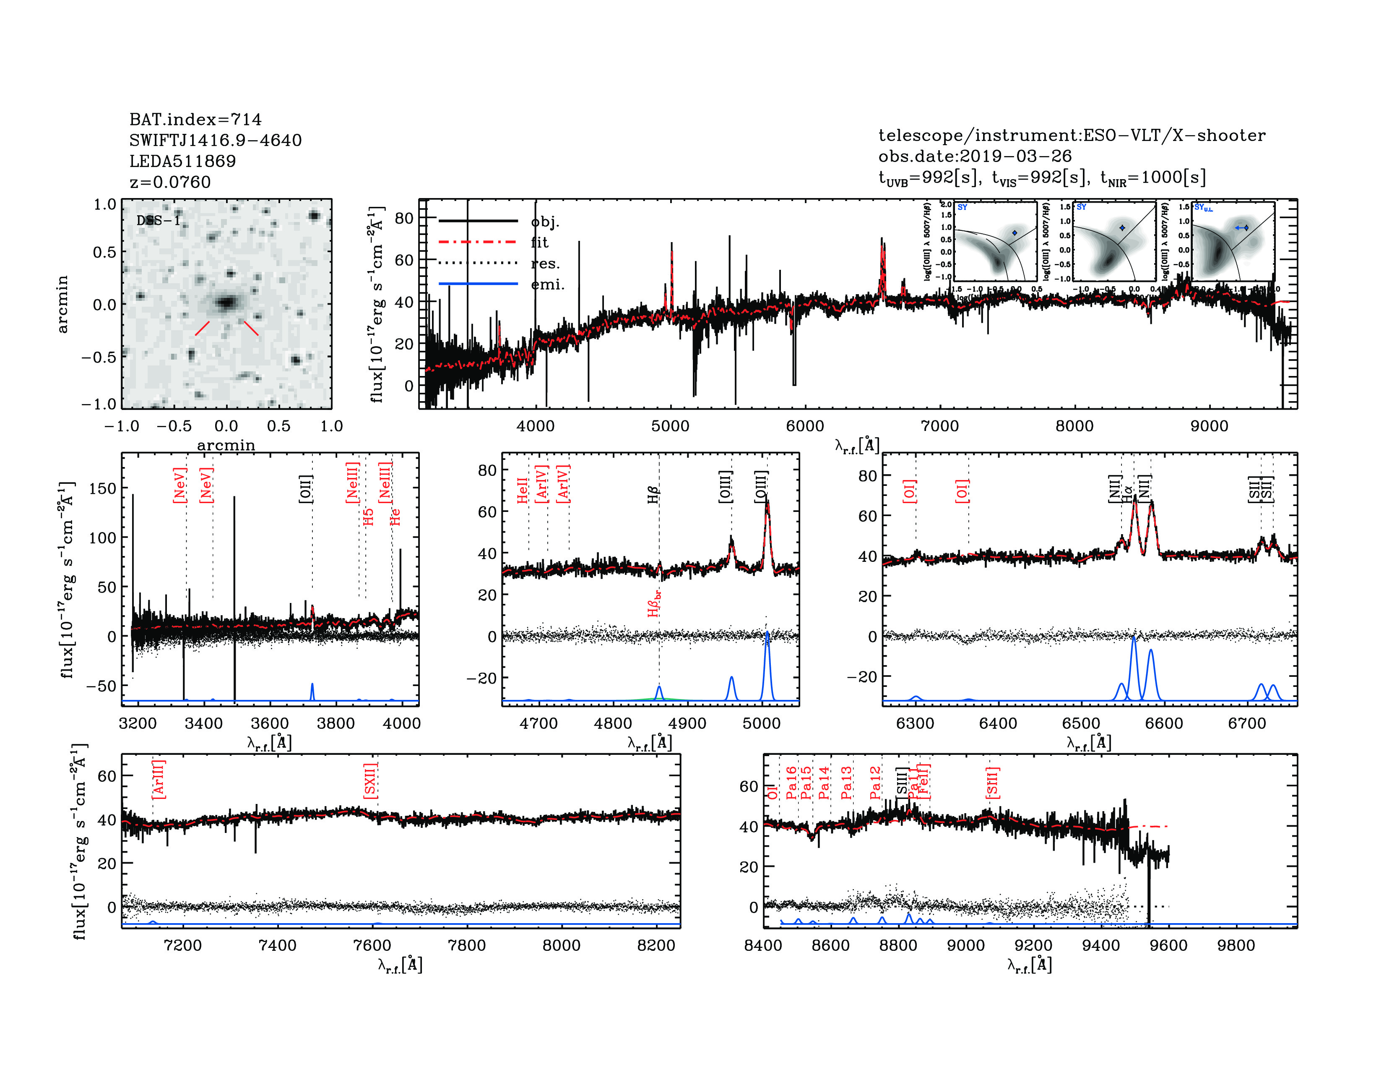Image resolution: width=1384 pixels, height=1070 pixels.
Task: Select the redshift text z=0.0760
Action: [170, 182]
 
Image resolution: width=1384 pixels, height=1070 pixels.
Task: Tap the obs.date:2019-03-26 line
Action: [975, 156]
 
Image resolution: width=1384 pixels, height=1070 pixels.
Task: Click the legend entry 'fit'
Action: [539, 242]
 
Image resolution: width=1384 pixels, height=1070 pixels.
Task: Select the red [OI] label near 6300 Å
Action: [909, 491]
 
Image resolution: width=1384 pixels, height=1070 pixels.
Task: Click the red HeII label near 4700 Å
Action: [522, 491]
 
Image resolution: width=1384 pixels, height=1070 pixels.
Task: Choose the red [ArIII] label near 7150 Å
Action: [159, 779]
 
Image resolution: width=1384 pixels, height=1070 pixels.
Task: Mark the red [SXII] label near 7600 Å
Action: [371, 780]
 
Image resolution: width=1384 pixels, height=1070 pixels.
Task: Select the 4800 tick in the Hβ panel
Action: [613, 723]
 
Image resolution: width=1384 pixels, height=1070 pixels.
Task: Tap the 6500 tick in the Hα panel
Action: [1081, 723]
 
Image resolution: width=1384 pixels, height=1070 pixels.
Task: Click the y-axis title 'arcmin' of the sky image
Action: [62, 304]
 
